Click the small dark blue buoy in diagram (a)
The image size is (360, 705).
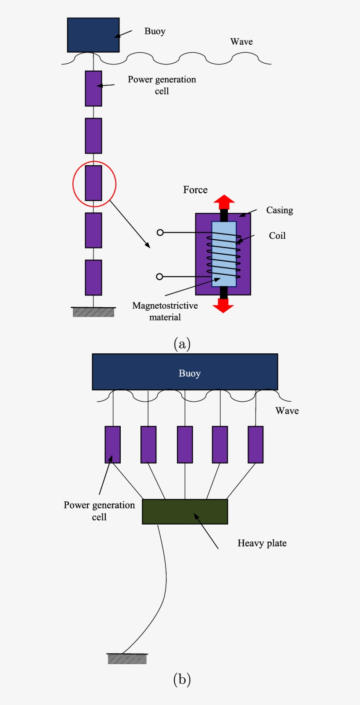93,35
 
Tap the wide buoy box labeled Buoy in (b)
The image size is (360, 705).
185,372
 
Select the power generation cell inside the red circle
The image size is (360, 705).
94,183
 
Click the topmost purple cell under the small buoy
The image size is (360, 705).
94,89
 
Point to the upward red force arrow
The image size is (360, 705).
224,202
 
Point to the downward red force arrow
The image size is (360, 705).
223,306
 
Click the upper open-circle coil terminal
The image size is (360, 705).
160,232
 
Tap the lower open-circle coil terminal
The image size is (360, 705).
160,277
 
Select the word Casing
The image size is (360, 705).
279,210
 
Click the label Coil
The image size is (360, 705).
277,236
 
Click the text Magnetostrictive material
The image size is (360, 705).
165,311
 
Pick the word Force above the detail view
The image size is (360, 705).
195,190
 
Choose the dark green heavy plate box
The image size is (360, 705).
185,512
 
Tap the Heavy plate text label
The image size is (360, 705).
262,543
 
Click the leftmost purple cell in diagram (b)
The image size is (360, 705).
113,444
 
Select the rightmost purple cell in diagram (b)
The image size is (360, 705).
256,444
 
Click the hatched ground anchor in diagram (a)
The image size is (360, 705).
94,312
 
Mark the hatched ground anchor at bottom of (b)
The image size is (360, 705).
127,658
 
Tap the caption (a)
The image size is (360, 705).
182,344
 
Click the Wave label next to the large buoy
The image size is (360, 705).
287,411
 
